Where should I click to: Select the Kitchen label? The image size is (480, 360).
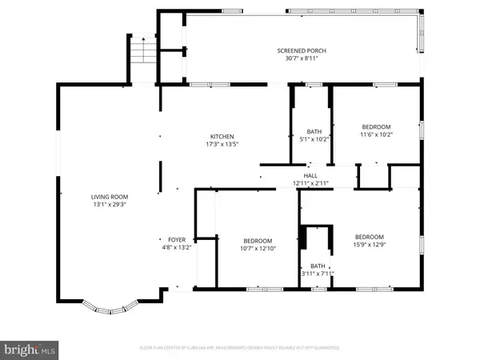222,135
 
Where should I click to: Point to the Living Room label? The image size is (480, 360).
109,197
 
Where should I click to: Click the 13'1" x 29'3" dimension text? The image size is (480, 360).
109,205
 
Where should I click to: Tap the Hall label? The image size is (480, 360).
310,175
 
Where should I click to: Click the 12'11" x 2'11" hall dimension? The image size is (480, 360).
310,183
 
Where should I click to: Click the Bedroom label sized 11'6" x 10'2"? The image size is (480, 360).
375,126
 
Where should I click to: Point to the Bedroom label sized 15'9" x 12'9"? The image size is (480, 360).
370,237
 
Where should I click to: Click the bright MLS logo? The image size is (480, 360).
30,350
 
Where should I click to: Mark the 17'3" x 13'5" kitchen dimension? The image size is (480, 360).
222,144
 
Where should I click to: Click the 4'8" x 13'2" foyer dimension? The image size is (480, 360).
176,248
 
